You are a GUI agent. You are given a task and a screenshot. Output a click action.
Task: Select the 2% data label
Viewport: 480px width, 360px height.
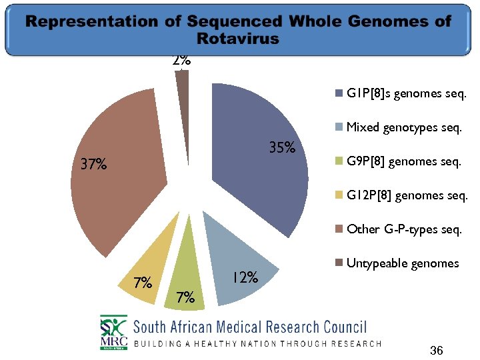point(181,60)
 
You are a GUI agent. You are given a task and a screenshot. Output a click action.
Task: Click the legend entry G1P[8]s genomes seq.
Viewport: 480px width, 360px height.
point(405,93)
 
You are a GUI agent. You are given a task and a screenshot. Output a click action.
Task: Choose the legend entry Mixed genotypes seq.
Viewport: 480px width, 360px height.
point(403,127)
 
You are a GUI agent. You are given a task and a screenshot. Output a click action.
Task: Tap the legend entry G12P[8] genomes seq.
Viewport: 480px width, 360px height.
point(406,195)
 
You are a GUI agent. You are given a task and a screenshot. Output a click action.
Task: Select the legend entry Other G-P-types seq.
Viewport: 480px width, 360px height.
point(403,229)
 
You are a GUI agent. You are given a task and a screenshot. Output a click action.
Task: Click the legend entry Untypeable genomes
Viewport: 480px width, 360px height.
point(402,263)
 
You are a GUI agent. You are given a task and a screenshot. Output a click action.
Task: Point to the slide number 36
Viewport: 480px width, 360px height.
point(437,350)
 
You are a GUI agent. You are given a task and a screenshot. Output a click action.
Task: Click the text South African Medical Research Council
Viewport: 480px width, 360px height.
point(250,327)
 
